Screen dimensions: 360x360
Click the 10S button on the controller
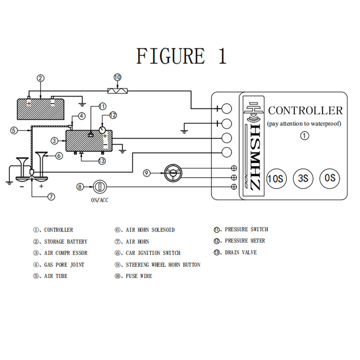pos(276,178)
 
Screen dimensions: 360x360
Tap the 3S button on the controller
pos(303,178)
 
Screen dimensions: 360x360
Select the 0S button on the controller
pos(330,178)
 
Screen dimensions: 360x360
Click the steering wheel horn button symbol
pos(173,173)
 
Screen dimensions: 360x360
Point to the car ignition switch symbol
pos(100,187)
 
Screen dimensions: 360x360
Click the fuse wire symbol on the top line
pos(117,90)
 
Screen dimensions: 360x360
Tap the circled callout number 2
pos(40,79)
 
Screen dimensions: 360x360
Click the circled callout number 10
pos(117,77)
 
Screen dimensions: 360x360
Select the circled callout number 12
pos(113,115)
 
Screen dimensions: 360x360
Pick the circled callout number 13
pos(102,161)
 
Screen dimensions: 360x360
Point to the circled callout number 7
pos(51,197)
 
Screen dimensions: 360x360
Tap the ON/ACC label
pos(100,200)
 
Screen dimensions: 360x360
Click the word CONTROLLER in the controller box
pos(305,111)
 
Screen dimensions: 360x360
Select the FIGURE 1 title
pos(181,56)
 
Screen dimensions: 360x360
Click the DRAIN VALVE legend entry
pos(235,253)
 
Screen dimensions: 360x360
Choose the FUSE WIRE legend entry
pos(133,276)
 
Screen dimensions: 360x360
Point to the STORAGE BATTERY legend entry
pos(60,241)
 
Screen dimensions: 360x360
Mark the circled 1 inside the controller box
pos(304,136)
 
